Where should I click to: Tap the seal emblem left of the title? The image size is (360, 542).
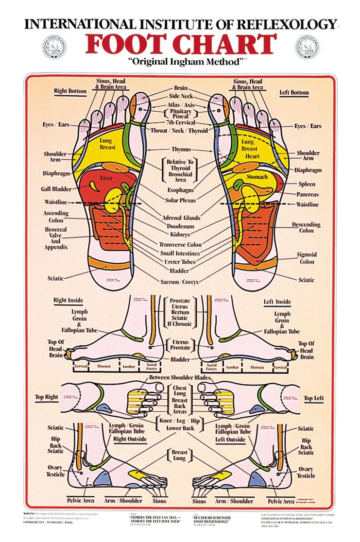pyautogui.click(x=54, y=46)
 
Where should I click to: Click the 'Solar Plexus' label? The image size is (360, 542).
pyautogui.click(x=180, y=200)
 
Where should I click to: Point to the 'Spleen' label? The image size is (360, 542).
pyautogui.click(x=307, y=184)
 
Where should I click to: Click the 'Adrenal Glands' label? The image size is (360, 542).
pyautogui.click(x=180, y=218)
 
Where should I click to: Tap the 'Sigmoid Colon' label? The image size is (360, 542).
pyautogui.click(x=307, y=258)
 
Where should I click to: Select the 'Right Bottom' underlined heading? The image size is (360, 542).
pyautogui.click(x=70, y=91)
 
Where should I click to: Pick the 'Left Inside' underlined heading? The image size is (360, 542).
pyautogui.click(x=277, y=302)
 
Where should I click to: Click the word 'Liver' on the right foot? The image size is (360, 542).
pyautogui.click(x=106, y=178)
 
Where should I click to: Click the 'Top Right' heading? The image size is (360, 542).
pyautogui.click(x=47, y=397)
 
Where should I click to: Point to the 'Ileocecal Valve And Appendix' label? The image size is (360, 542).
pyautogui.click(x=55, y=238)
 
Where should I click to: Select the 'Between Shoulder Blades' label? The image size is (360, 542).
pyautogui.click(x=180, y=377)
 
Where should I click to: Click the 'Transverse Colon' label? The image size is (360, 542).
pyautogui.click(x=180, y=244)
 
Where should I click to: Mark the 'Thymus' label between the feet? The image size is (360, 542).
pyautogui.click(x=181, y=150)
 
